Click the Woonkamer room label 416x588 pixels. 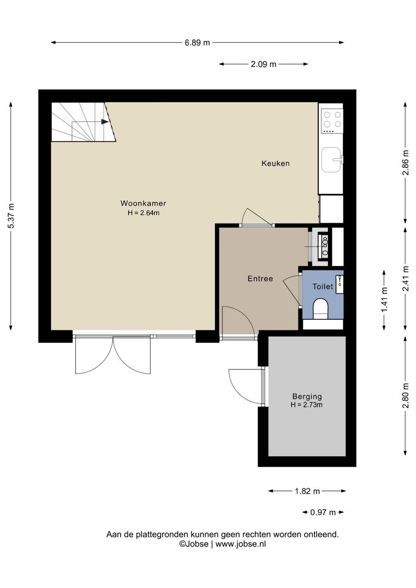click(143, 203)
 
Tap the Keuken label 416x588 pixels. click(275, 163)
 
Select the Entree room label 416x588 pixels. click(260, 278)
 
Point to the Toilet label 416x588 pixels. click(323, 286)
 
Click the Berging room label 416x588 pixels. click(307, 396)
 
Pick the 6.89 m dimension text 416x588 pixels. click(197, 42)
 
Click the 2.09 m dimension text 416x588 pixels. click(264, 64)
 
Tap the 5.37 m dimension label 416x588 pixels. click(11, 216)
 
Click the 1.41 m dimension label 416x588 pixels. click(384, 300)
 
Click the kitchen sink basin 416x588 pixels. click(331, 160)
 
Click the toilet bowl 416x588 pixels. click(320, 309)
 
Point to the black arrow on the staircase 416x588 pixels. click(105, 122)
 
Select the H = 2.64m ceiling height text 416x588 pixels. click(144, 213)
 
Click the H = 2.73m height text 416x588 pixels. click(307, 405)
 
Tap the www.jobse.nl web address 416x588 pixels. click(241, 544)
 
